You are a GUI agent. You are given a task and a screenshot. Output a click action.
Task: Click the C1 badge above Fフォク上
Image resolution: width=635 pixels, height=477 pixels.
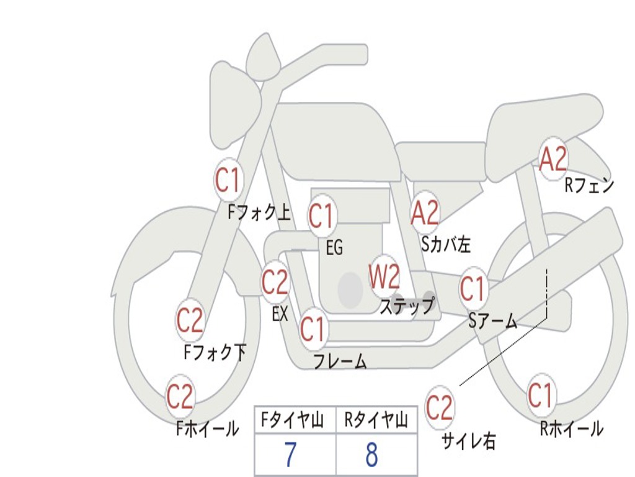227,181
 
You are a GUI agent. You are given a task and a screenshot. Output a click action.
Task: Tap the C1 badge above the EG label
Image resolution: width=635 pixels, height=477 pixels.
321,216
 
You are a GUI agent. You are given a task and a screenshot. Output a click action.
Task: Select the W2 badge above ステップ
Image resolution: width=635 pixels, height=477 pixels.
384,277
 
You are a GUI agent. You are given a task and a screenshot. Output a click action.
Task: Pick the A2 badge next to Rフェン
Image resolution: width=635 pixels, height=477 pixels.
553,160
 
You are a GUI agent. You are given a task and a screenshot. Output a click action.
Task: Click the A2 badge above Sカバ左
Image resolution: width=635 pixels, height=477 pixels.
425,212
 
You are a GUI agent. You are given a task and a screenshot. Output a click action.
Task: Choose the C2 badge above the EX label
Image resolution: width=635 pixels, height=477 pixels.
275,283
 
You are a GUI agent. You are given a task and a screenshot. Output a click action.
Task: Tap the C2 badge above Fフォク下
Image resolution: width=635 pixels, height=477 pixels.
190,320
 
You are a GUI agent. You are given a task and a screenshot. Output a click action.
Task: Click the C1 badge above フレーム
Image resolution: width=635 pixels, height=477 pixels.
313,329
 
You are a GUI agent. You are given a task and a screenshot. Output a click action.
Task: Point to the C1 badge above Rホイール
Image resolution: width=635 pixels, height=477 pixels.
540,395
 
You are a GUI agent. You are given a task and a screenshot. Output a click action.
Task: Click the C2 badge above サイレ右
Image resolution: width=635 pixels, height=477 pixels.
440,408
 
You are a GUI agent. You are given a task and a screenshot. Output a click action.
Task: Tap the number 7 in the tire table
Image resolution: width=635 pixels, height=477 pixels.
290,455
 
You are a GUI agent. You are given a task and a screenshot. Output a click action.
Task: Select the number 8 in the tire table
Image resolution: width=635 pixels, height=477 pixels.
371,455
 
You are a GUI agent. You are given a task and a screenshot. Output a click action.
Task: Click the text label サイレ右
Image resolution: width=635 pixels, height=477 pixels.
468,441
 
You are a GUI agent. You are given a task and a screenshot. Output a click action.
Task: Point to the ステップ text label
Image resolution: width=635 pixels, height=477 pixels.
407,306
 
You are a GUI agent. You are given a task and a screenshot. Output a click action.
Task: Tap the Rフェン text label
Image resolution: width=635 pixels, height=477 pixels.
588,185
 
